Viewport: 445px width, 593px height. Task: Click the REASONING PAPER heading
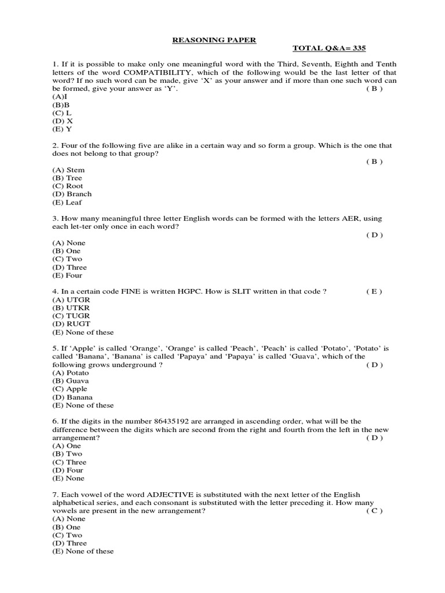click(x=207, y=39)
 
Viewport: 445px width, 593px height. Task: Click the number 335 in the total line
click(x=356, y=48)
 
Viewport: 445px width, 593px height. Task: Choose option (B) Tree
click(x=67, y=178)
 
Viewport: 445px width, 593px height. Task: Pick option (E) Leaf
click(x=67, y=202)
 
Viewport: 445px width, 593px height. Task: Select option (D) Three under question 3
click(x=70, y=267)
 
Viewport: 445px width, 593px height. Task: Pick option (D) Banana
click(x=72, y=397)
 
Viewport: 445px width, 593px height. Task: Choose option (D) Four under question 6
click(x=68, y=470)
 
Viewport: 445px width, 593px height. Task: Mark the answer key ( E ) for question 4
click(x=374, y=292)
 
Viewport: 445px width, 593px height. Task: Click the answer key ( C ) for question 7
click(x=374, y=511)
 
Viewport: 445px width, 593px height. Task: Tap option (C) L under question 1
click(x=62, y=113)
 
